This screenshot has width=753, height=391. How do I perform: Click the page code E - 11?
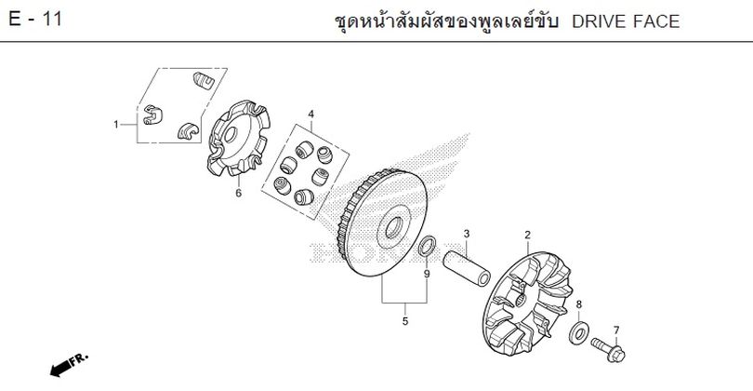point(35,20)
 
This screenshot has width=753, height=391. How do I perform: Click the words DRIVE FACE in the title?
point(626,21)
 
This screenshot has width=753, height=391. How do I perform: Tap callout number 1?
point(115,125)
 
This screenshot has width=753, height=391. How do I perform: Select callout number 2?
point(528,236)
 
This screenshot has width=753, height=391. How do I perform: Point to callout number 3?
point(467,235)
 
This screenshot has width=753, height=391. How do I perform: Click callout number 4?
point(311,115)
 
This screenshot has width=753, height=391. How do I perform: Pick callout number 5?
point(404,321)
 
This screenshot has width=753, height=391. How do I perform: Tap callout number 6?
point(239,194)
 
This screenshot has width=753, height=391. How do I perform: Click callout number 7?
point(616,330)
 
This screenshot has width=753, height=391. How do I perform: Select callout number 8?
point(578,304)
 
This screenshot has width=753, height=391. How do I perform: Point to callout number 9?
point(427,274)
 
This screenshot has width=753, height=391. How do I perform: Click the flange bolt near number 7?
point(608,350)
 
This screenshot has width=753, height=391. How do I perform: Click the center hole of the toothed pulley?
point(393,227)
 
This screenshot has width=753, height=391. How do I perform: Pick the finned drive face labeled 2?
point(527,303)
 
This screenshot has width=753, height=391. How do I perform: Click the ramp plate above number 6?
point(239,138)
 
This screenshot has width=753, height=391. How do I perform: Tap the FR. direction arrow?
point(69,365)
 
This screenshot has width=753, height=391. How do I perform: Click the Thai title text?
point(445,21)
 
